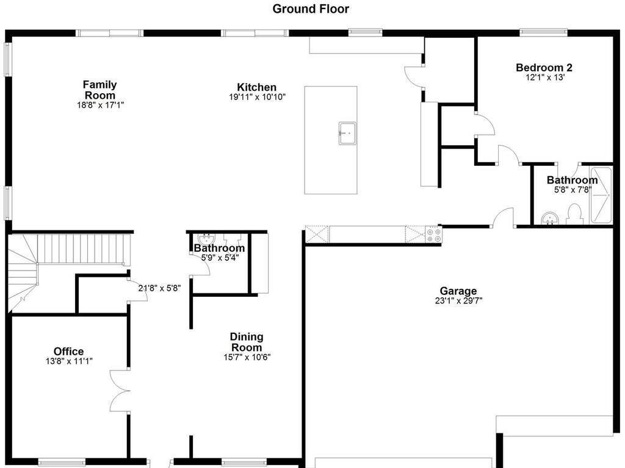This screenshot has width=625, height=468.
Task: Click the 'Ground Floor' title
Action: tap(310, 9)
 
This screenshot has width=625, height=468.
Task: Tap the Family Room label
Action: tap(100, 90)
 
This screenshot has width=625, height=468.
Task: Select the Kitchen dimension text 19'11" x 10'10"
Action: tap(257, 97)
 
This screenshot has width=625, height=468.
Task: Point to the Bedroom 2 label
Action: tap(544, 68)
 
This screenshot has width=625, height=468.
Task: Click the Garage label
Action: tap(458, 291)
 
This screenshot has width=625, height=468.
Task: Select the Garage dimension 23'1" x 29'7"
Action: tap(458, 300)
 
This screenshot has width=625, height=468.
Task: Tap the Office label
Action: tap(68, 352)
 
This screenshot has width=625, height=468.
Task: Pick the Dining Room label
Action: tap(247, 342)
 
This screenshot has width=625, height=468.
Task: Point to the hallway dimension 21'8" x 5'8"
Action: tap(159, 288)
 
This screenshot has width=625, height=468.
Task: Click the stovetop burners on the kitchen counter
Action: tap(434, 235)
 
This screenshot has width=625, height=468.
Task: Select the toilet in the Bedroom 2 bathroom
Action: tap(574, 214)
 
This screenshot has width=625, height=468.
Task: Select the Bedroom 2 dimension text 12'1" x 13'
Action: tap(544, 77)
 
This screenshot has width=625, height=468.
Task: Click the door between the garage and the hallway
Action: tap(504, 218)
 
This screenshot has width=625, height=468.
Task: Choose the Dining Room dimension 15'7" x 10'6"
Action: tap(247, 357)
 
